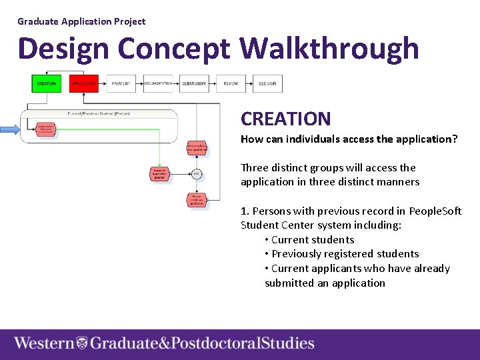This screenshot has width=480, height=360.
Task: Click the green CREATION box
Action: (46, 83)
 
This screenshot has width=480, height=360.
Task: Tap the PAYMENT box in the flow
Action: (121, 83)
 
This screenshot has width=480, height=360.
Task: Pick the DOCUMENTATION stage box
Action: (158, 83)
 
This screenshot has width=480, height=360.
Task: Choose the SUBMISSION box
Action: (194, 83)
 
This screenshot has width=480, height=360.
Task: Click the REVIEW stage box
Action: (231, 83)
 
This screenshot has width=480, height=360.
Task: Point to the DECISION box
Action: (267, 83)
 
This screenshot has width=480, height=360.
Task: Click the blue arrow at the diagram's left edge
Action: (10, 129)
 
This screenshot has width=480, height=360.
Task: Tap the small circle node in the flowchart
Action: (197, 174)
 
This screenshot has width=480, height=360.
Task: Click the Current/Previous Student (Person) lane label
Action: (99, 113)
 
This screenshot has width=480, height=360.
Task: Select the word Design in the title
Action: (63, 49)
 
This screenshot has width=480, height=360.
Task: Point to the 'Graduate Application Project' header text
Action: (81, 21)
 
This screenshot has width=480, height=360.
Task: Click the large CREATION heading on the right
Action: (285, 119)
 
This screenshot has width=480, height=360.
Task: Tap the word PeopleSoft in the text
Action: (435, 211)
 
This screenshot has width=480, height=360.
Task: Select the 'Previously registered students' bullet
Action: (345, 254)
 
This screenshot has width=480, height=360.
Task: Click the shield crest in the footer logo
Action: (82, 343)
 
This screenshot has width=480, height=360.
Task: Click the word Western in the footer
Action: (44, 343)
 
